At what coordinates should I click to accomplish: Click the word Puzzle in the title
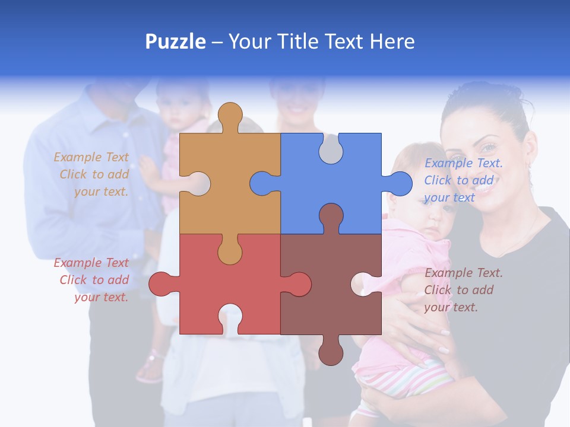pos(176,42)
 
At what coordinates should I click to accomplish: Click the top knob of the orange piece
pos(230,116)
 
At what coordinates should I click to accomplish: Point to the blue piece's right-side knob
pos(399,183)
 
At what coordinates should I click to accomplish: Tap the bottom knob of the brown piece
pos(331,352)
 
